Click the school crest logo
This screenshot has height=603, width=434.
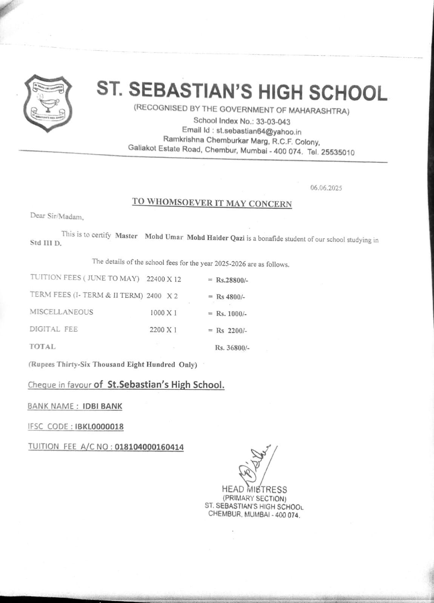(x=48, y=103)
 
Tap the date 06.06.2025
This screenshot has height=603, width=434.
(x=326, y=188)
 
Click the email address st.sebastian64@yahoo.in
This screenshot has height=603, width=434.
(x=259, y=131)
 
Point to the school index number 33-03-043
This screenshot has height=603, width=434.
(x=273, y=122)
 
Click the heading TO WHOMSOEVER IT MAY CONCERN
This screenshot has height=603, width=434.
(x=212, y=202)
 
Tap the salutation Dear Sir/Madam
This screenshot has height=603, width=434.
(x=57, y=216)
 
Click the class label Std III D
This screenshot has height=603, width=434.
(x=45, y=243)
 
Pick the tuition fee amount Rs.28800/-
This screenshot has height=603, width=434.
(x=232, y=280)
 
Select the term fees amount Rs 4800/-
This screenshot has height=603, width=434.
(x=231, y=297)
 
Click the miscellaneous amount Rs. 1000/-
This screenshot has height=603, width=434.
(x=231, y=314)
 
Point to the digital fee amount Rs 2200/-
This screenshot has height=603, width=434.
(x=231, y=331)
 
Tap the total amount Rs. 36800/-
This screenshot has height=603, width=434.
(x=232, y=347)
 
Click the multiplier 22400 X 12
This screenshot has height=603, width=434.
(x=164, y=279)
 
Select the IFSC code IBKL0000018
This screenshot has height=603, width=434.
(x=99, y=427)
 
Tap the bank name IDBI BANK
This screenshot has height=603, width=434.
(x=102, y=406)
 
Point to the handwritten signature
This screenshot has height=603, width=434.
(x=254, y=465)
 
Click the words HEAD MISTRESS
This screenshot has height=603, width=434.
(x=254, y=490)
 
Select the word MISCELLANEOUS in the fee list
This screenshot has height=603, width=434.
(x=62, y=312)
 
